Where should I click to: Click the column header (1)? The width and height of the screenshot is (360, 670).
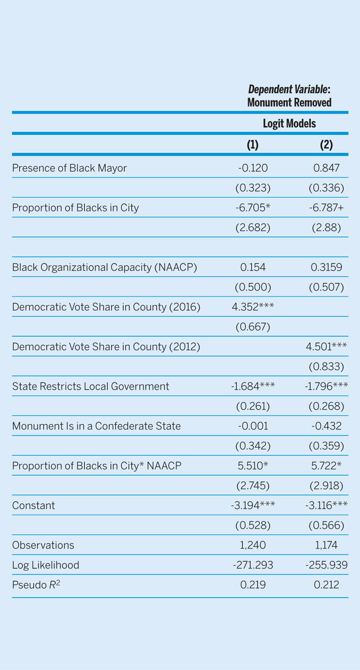252,145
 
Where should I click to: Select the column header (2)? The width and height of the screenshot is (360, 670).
326,145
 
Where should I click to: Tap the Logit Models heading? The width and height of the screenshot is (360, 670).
289,123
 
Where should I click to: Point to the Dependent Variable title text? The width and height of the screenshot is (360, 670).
289,96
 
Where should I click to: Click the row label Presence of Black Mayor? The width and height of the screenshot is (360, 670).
69,168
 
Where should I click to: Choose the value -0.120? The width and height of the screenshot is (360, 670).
253,168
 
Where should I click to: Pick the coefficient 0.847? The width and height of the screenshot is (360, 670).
326,168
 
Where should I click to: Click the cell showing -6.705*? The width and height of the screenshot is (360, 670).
253,207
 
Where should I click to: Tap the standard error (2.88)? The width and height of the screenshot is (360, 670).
326,228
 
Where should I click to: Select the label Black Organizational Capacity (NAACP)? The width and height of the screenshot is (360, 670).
104,267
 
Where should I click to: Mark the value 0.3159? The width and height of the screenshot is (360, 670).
326,267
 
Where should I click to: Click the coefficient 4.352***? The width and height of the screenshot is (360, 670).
253,307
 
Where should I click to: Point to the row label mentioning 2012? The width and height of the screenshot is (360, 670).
106,347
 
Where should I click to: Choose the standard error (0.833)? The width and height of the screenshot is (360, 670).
326,366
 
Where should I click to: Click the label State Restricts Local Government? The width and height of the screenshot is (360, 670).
91,386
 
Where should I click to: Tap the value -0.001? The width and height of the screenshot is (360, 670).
253,426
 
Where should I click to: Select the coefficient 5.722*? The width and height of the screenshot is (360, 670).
326,466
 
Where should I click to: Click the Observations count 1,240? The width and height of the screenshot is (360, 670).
253,545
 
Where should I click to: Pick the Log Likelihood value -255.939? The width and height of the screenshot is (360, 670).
326,565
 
